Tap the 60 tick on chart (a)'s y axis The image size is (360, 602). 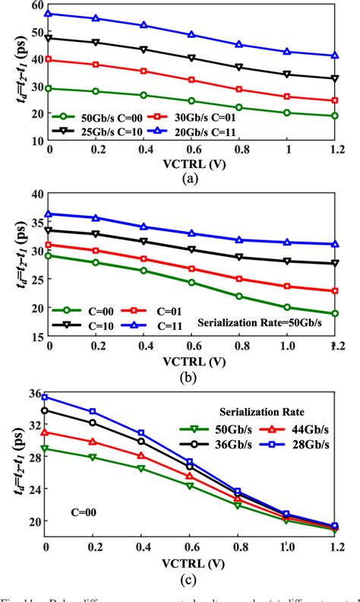(x=33, y=5)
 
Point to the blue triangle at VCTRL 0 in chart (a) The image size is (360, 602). (x=50, y=14)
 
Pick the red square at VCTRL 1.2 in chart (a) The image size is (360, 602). (x=335, y=100)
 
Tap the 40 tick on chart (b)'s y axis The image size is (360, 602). (x=33, y=194)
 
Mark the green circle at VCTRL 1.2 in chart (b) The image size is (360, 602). (x=335, y=313)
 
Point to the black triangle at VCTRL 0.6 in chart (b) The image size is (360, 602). (x=192, y=249)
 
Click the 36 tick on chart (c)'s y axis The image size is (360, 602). (x=33, y=392)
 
